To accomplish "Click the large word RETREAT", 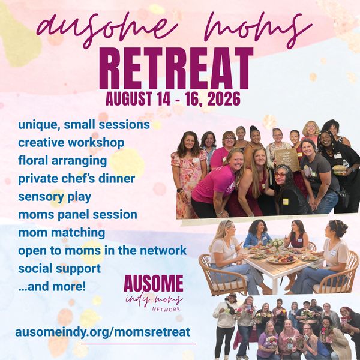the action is click(x=176, y=68).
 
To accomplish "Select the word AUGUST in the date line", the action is click(x=128, y=99).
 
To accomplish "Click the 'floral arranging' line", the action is click(x=62, y=161).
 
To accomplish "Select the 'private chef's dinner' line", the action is click(x=76, y=179).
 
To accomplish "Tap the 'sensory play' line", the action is click(x=55, y=197).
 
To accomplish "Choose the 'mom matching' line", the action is click(x=62, y=233).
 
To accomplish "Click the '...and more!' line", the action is click(x=52, y=286).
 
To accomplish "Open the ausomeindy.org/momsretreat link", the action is click(x=103, y=332).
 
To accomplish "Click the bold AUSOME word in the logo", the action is click(x=154, y=283).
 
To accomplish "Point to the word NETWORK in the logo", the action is click(x=166, y=309).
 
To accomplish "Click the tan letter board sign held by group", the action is click(x=286, y=160).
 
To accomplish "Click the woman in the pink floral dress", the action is click(x=189, y=175).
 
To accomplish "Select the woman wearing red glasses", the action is click(x=290, y=191).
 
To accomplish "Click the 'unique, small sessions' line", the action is click(x=84, y=125).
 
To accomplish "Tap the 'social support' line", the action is click(x=59, y=269).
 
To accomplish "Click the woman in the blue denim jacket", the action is click(x=258, y=233).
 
